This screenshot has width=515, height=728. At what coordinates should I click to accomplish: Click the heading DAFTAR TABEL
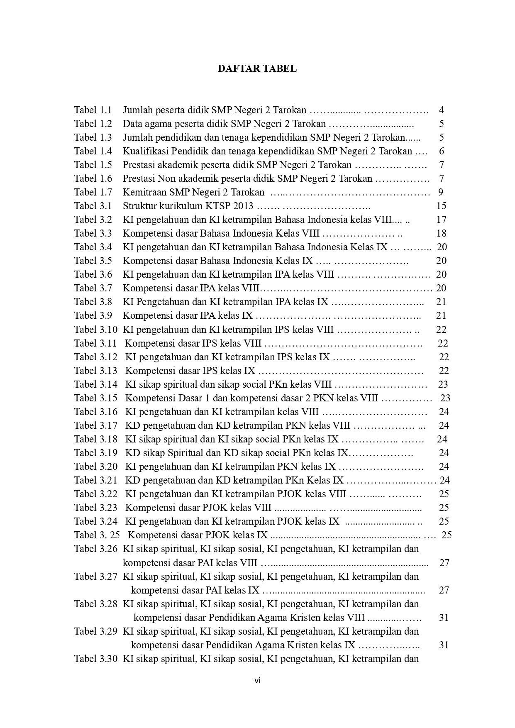(x=257, y=69)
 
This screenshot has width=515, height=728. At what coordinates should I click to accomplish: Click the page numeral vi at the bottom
(x=257, y=680)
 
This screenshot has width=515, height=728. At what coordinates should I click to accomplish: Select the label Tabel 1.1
(x=93, y=110)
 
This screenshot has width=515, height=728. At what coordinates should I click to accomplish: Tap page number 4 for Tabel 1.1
(x=442, y=110)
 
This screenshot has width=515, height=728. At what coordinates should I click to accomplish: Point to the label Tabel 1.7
(x=93, y=192)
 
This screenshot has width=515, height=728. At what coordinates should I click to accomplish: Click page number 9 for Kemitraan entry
(x=441, y=192)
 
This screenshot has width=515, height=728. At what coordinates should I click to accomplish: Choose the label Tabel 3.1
(x=93, y=206)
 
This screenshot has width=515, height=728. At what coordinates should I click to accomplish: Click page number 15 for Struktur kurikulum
(x=441, y=206)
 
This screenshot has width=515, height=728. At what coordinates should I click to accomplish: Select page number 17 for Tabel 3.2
(x=441, y=220)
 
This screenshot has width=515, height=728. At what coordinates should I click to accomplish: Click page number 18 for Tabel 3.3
(x=441, y=233)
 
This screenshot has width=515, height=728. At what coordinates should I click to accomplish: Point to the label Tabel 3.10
(x=96, y=330)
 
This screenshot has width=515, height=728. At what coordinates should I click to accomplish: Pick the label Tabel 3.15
(x=96, y=398)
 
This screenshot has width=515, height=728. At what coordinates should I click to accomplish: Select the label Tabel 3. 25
(x=97, y=535)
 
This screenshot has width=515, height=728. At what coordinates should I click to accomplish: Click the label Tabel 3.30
(x=96, y=659)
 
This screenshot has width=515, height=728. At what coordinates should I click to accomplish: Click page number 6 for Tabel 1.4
(x=442, y=151)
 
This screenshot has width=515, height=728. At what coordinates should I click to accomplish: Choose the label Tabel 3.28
(x=96, y=604)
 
